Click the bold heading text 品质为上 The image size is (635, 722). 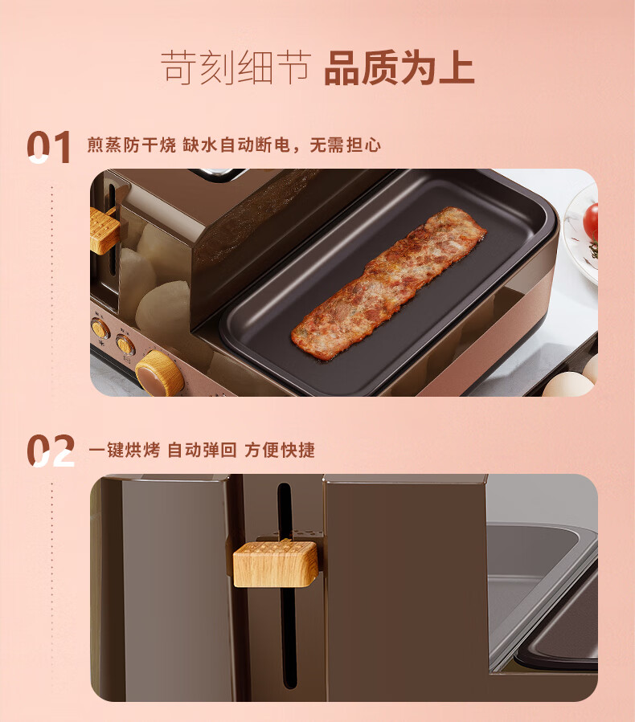coord(399,68)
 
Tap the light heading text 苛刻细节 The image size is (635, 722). coord(236,68)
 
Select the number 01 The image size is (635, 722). coord(49,147)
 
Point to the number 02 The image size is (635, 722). coord(50,451)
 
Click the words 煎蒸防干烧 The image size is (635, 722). coord(132,145)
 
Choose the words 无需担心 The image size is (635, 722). coord(345,145)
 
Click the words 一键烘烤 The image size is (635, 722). coord(125,450)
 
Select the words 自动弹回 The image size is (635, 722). coord(202,450)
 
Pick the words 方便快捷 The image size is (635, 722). coord(279,450)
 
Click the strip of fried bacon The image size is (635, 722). coord(388,281)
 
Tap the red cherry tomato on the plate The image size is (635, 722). coord(591,221)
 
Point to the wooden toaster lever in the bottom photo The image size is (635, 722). coord(275,564)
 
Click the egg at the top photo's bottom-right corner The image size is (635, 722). coord(568,385)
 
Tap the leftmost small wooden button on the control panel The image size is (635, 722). coord(100,328)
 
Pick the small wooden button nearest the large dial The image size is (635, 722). coord(125,344)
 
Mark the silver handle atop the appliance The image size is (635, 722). coord(216,174)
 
